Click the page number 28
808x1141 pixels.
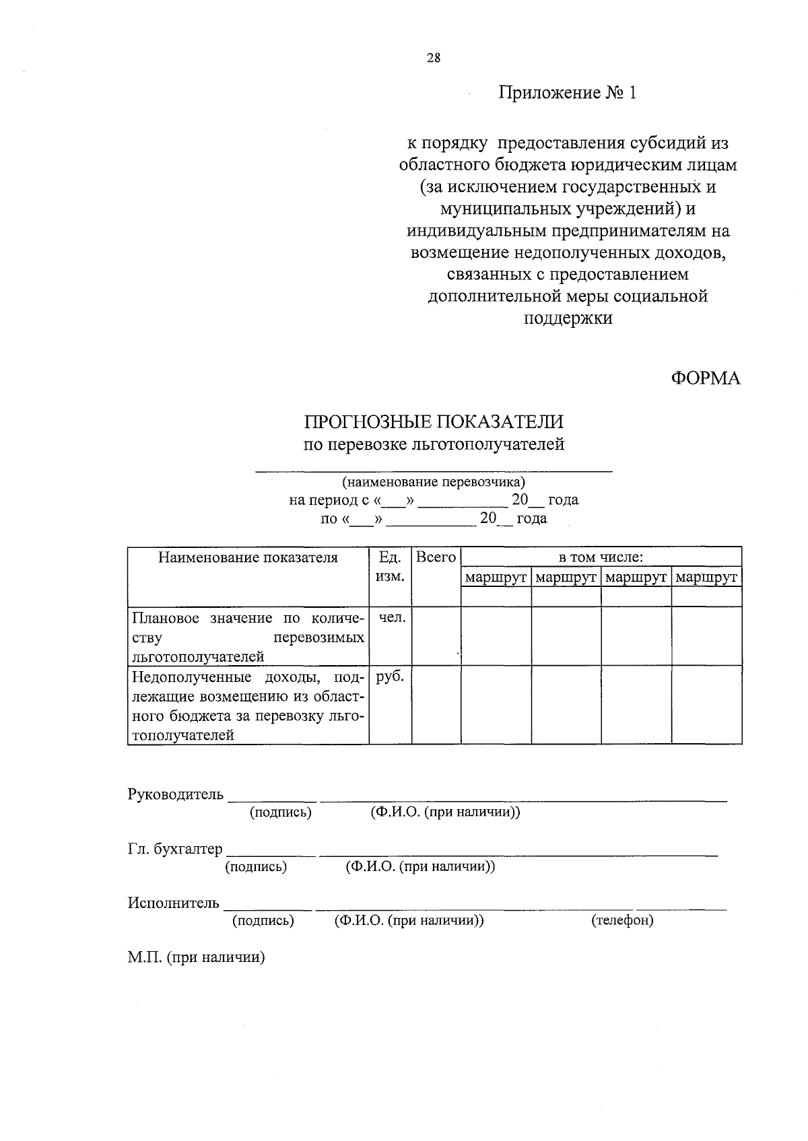434,58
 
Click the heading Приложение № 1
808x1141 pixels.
567,92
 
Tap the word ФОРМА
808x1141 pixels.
705,378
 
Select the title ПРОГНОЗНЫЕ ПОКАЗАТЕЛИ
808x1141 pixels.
434,422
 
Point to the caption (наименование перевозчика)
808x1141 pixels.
434,482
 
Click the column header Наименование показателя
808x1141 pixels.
248,557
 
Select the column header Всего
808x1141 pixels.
436,557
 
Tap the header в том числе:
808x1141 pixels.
601,557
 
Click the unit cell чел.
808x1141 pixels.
391,618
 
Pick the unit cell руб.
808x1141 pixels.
390,677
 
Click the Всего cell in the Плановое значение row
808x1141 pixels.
436,636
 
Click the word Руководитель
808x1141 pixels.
175,794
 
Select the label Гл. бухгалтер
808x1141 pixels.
175,849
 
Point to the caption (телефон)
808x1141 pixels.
622,920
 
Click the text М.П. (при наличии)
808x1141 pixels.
196,957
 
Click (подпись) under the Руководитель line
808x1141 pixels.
280,812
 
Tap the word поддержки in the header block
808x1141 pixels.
568,318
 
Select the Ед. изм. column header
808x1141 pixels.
390,567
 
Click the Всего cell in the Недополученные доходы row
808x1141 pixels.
436,705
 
